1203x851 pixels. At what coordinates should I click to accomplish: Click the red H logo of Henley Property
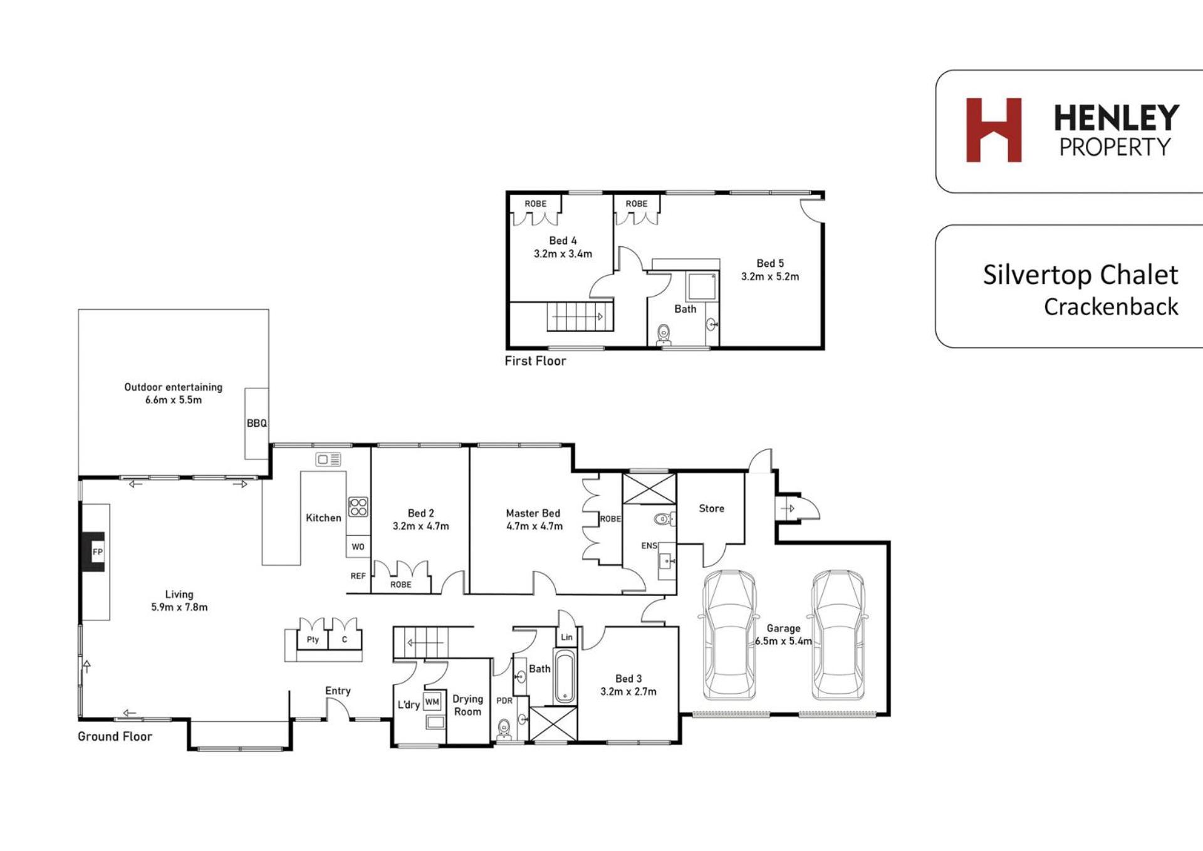pos(994,130)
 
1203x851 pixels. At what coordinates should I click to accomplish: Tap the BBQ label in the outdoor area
pos(257,424)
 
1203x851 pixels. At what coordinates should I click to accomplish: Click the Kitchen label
pos(323,518)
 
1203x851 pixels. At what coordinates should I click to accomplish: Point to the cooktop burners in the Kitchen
pos(358,506)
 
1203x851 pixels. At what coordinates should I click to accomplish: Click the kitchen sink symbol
pos(328,459)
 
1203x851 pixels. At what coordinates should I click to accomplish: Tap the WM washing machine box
pos(432,702)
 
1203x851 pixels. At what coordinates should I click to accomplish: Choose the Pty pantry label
pos(313,640)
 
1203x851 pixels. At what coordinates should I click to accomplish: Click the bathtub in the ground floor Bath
pos(565,677)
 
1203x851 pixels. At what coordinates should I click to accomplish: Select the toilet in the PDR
pos(504,730)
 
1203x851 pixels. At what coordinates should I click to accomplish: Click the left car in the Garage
pos(729,634)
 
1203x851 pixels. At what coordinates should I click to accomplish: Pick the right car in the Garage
pos(838,634)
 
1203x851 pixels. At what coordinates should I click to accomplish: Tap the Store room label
pos(712,508)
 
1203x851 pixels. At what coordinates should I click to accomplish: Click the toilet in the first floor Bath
pos(664,335)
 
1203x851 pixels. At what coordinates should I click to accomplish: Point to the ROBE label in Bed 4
pos(536,204)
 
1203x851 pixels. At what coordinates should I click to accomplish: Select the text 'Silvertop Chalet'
pos(1080,275)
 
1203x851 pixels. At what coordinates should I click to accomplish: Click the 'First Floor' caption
pos(535,361)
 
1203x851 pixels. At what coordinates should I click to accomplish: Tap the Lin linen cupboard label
pos(566,637)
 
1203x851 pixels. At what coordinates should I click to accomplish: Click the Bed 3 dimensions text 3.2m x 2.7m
pos(628,692)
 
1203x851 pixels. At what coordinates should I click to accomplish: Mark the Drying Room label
pos(468,705)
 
